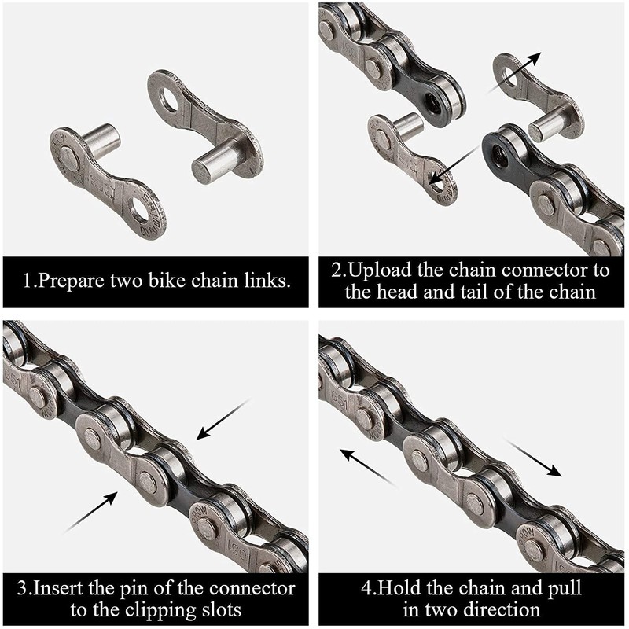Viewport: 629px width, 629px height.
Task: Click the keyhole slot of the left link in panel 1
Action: pyautogui.click(x=145, y=195)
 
